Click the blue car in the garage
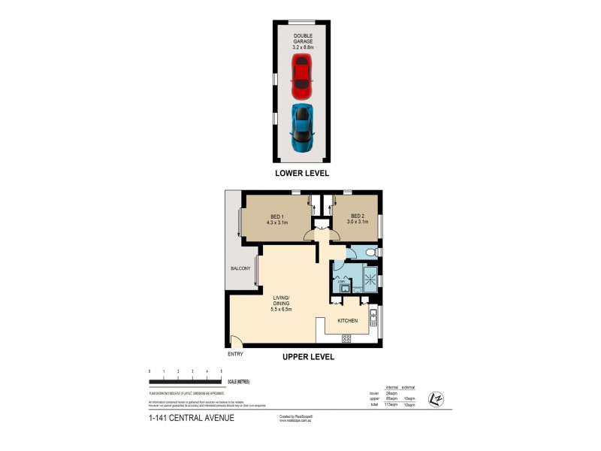[302, 126]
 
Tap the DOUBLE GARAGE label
[302, 41]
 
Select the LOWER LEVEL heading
[302, 173]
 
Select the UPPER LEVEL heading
[308, 357]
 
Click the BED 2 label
[357, 219]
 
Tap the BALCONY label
[241, 268]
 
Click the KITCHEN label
[347, 320]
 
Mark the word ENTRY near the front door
[235, 354]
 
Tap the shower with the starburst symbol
[369, 277]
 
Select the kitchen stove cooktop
[346, 338]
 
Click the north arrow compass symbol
[433, 398]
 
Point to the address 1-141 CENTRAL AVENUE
[192, 418]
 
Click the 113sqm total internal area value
[391, 404]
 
